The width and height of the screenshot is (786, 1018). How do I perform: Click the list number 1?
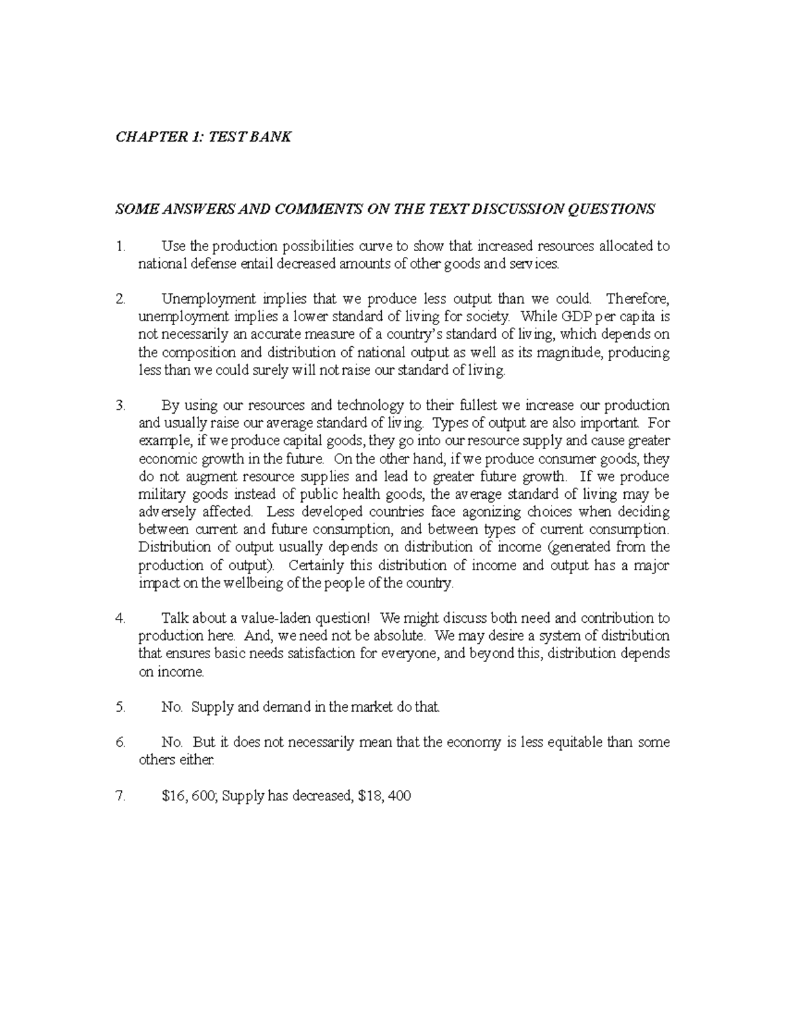(119, 246)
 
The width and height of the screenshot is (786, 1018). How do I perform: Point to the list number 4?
(119, 618)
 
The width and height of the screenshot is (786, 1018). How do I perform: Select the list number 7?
(119, 796)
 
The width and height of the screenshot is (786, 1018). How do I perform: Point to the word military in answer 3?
(161, 494)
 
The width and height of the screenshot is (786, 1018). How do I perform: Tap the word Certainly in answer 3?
(316, 565)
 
